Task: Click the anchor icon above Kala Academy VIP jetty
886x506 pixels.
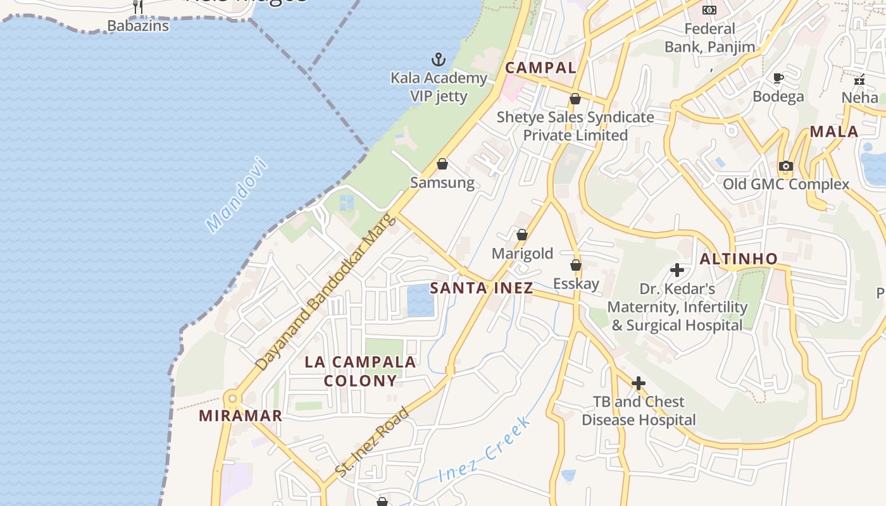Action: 439,60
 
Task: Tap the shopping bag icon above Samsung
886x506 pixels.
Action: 442,164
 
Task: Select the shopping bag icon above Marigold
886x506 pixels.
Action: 522,235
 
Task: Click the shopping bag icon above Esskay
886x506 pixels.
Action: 576,265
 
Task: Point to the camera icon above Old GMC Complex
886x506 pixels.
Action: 786,166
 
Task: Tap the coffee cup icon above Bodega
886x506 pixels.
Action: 778,78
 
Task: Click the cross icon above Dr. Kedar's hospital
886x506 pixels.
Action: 677,271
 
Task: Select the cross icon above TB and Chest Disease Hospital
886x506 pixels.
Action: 639,383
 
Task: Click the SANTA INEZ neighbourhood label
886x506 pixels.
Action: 481,288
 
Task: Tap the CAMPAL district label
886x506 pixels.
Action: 540,68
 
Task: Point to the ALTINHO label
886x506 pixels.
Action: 739,259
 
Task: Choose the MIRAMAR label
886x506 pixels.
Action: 240,416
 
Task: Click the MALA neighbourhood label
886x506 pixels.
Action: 834,132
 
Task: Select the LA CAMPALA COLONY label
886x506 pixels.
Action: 361,371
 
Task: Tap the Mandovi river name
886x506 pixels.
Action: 237,194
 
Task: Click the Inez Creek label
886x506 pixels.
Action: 484,450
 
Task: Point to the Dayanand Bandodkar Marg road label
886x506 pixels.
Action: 325,293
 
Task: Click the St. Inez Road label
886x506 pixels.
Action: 372,443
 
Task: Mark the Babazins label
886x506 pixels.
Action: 138,26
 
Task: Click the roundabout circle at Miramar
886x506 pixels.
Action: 232,398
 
